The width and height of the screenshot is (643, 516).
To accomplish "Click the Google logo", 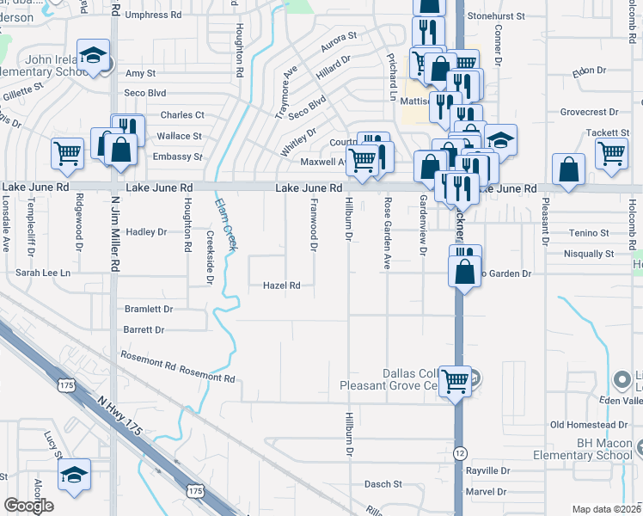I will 28,506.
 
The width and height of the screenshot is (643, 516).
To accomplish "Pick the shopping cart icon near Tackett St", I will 611,152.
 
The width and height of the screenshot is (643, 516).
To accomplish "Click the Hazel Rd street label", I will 281,286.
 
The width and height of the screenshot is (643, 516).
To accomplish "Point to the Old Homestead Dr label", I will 589,425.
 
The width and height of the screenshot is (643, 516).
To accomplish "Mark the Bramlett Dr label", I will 149,309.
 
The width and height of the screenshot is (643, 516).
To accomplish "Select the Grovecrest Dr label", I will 590,112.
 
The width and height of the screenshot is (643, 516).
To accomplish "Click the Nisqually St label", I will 584,254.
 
